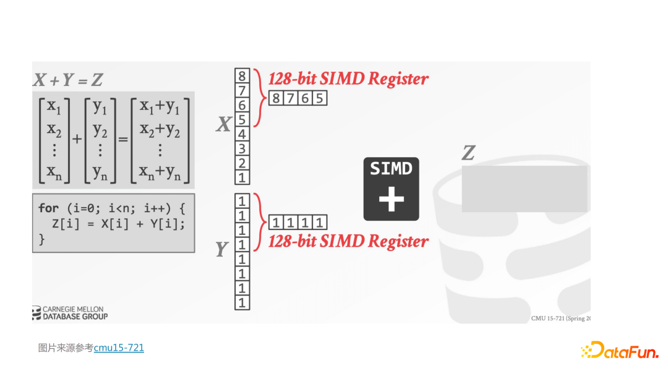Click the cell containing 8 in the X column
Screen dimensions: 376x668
click(242, 76)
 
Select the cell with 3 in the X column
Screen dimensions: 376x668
click(242, 148)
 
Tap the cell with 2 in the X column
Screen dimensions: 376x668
click(242, 163)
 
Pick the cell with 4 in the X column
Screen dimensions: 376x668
click(242, 134)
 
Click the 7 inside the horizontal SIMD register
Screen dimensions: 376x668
click(290, 98)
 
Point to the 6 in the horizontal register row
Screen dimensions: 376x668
click(304, 98)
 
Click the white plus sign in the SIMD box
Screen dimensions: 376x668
click(391, 199)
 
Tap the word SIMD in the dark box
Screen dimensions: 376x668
click(391, 168)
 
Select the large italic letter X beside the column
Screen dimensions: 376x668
click(223, 126)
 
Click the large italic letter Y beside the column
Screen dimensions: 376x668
click(221, 249)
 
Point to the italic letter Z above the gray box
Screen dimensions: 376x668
click(468, 153)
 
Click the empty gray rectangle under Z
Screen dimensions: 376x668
click(524, 189)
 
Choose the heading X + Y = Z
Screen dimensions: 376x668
click(68, 80)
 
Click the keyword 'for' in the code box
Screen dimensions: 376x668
click(48, 208)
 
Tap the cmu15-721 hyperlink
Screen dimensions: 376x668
click(119, 348)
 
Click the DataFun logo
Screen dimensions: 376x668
click(619, 351)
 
